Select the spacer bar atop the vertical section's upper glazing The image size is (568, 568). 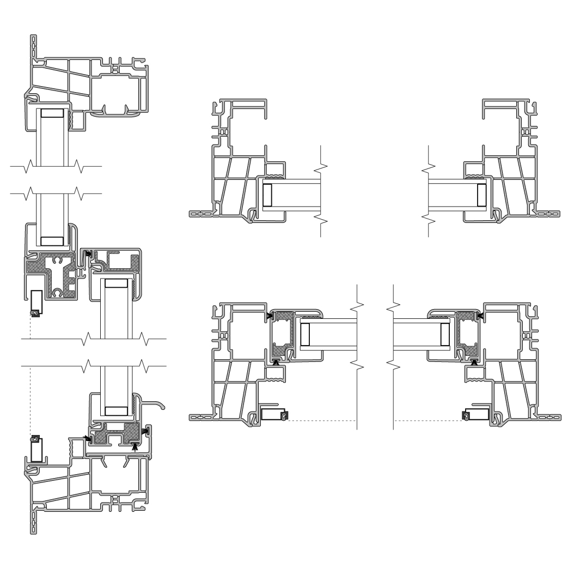[52, 113]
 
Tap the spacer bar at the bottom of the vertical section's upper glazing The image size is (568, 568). [52, 241]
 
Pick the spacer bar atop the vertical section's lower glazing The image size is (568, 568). [116, 283]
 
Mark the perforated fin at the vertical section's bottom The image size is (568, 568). [34, 521]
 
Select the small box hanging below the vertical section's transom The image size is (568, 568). [36, 302]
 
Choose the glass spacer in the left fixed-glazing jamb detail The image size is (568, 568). [267, 195]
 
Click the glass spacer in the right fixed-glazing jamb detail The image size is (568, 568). [481, 195]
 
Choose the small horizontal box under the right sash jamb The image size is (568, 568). [476, 414]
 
